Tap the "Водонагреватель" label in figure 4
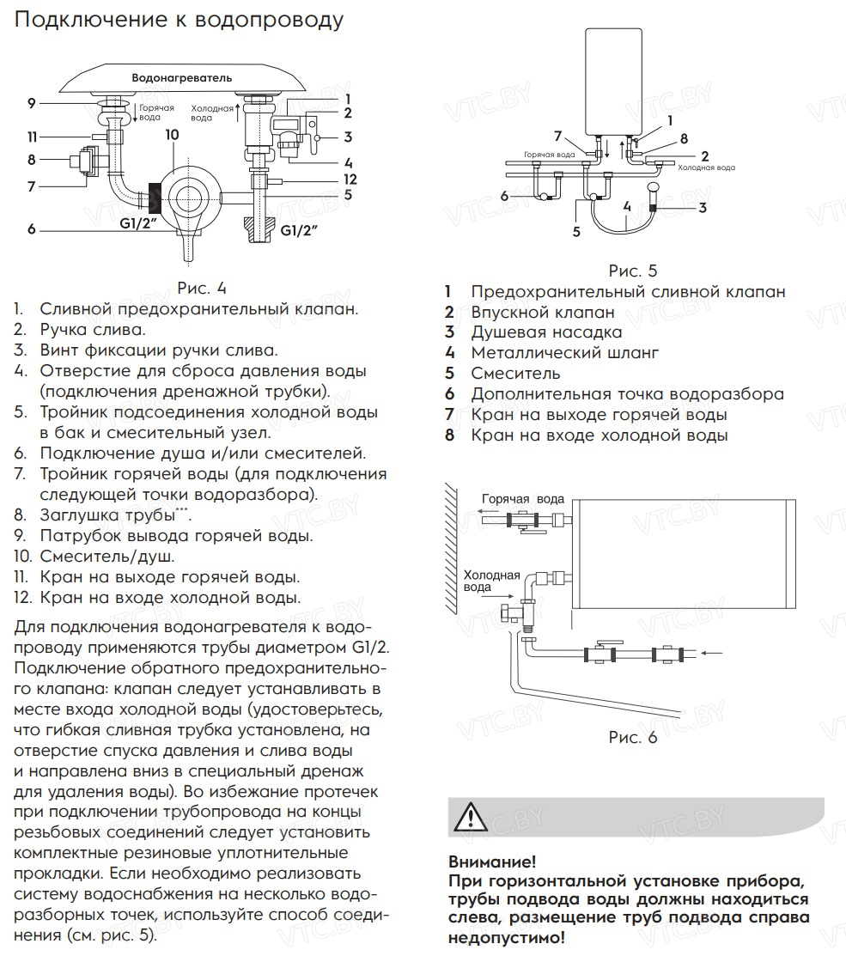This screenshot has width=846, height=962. coord(182,78)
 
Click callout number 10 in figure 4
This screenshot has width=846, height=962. coord(171,135)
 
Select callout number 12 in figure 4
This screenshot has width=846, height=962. coord(350,179)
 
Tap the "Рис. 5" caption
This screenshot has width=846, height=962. coord(633,271)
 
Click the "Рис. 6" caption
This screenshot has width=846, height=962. coord(633,737)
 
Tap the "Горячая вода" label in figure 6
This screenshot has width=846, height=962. coord(522,499)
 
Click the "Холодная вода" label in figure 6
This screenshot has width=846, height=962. coord(492,581)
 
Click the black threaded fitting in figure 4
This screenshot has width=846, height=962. coord(155,198)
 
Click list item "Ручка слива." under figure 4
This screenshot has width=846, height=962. coord(92,329)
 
